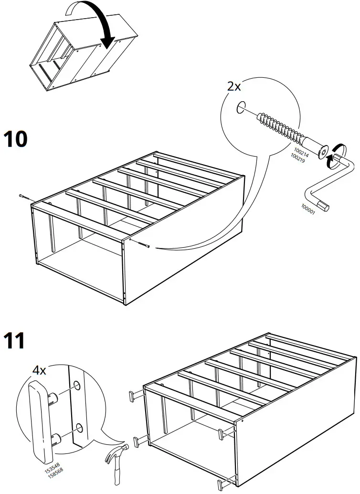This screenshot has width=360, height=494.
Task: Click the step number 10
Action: pyautogui.click(x=16, y=139)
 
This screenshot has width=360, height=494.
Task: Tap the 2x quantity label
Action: pyautogui.click(x=234, y=86)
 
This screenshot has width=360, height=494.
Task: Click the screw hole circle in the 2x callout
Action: pyautogui.click(x=241, y=107)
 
